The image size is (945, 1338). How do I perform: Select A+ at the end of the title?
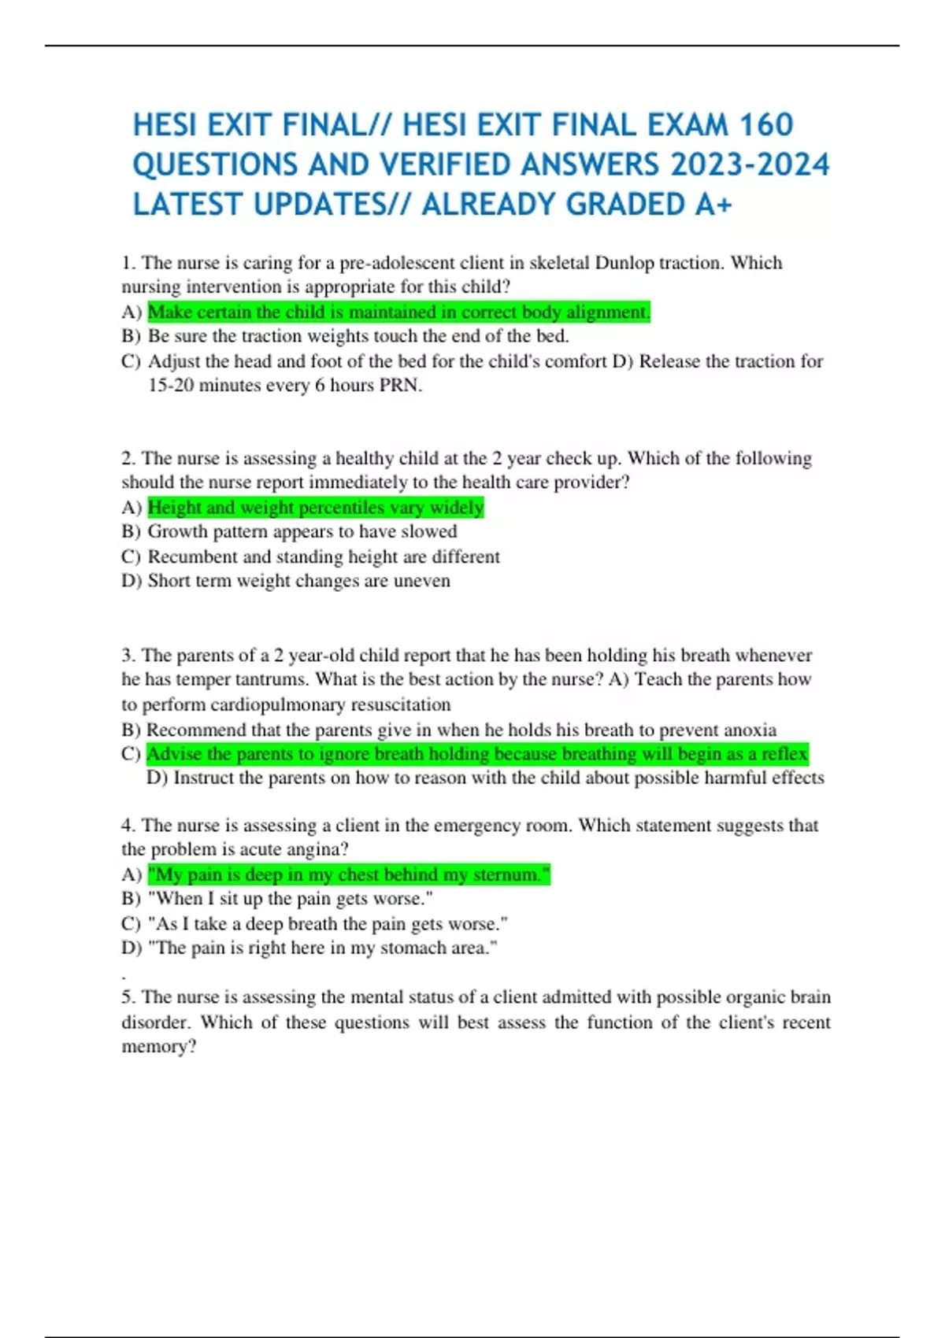point(713,205)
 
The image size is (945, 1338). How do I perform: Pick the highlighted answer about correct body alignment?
point(398,312)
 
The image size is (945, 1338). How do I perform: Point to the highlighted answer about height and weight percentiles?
point(316,508)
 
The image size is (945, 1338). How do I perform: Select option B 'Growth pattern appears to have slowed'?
point(302,531)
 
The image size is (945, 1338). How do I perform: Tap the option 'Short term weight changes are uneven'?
point(298,581)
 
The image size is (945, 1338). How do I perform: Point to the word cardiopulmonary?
point(277,704)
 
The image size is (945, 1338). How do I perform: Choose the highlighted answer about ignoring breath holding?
point(476,754)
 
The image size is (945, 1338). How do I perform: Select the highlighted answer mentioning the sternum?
point(349,875)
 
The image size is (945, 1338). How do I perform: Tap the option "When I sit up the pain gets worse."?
point(290,899)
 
